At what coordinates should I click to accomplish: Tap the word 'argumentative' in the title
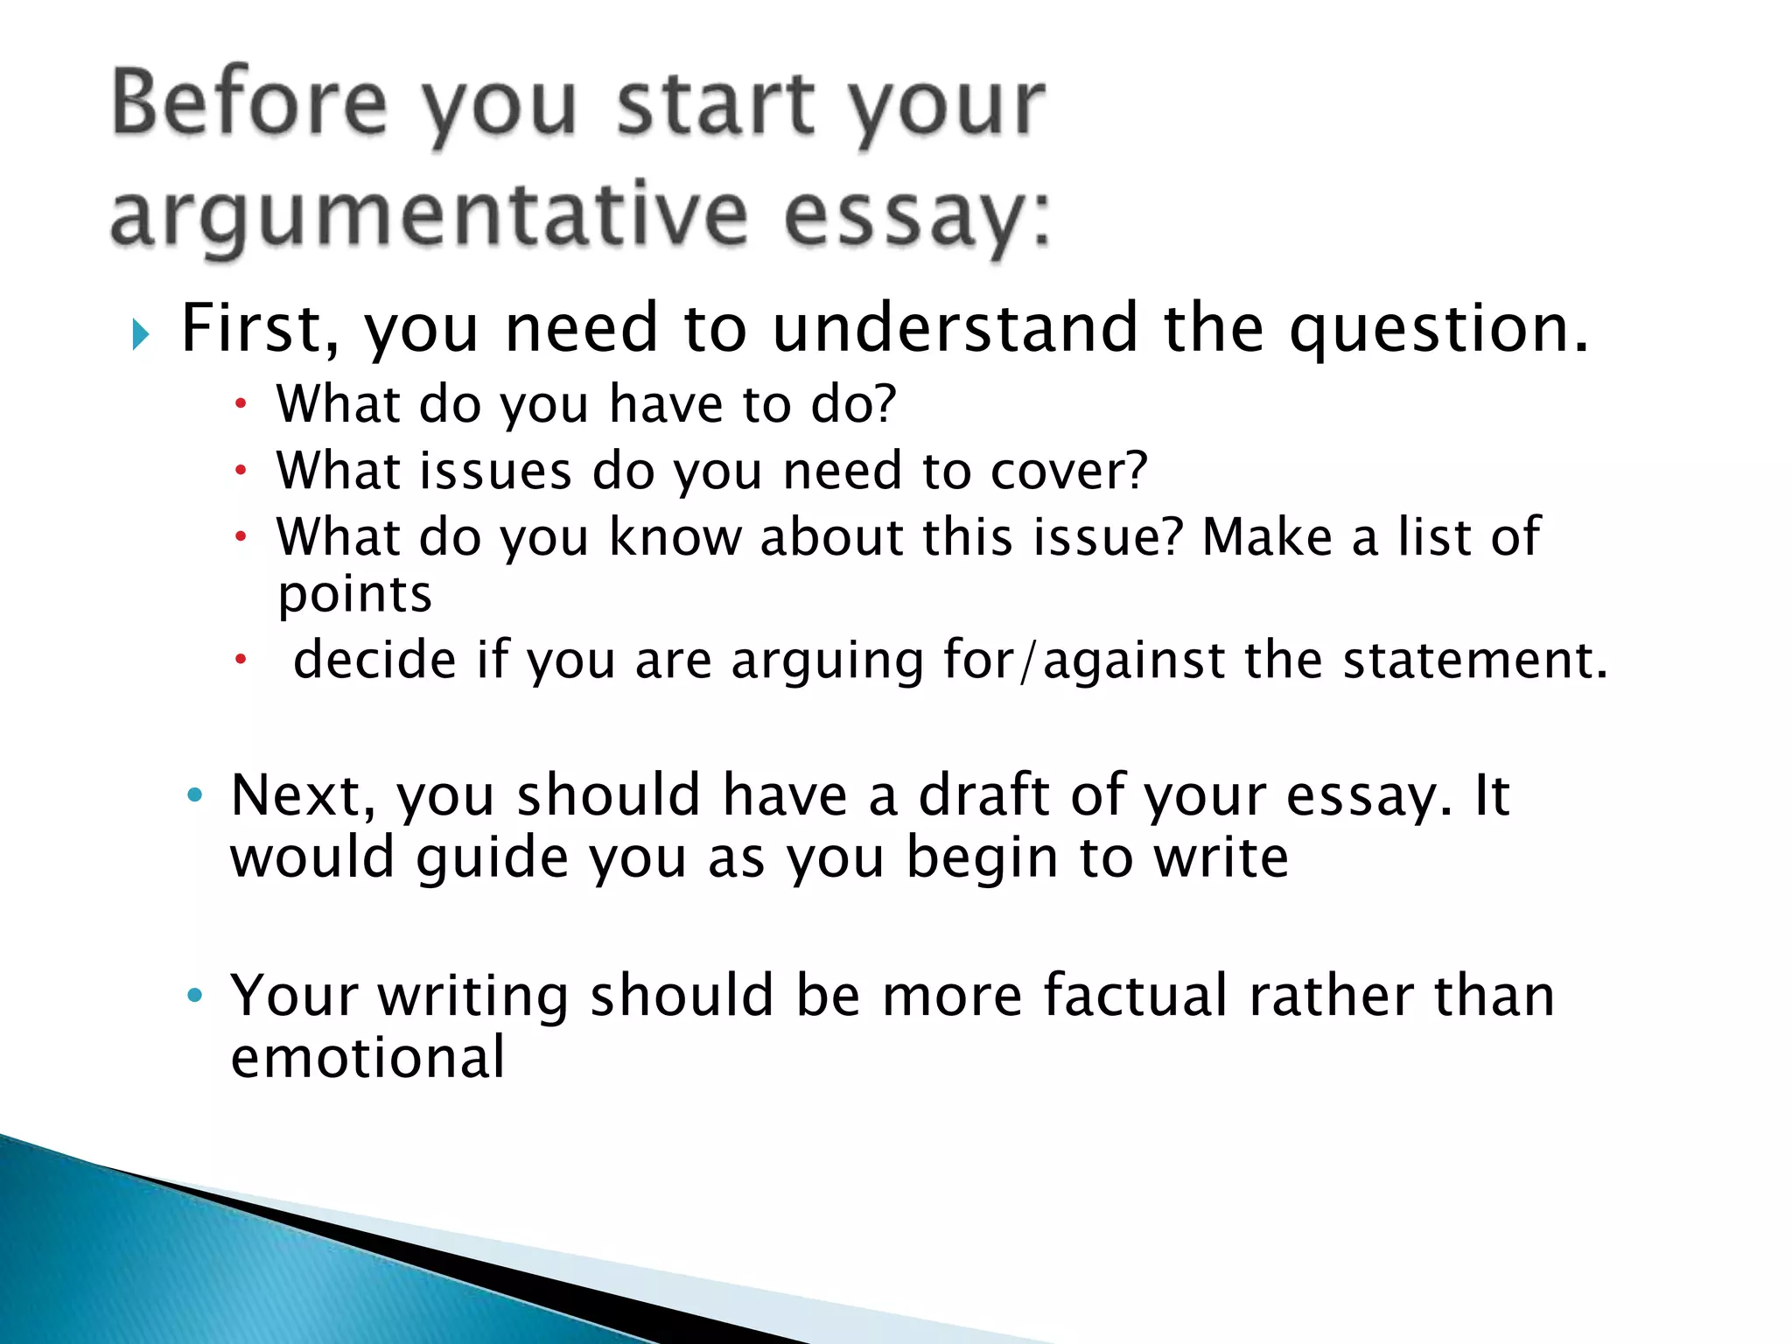(429, 214)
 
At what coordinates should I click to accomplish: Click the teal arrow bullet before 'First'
(140, 333)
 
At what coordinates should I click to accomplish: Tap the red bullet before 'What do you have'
(241, 404)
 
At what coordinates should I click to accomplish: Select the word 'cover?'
(1068, 471)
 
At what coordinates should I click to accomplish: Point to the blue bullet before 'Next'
(194, 794)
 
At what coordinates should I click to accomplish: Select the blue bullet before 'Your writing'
(194, 995)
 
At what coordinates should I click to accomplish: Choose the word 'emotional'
(367, 1057)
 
